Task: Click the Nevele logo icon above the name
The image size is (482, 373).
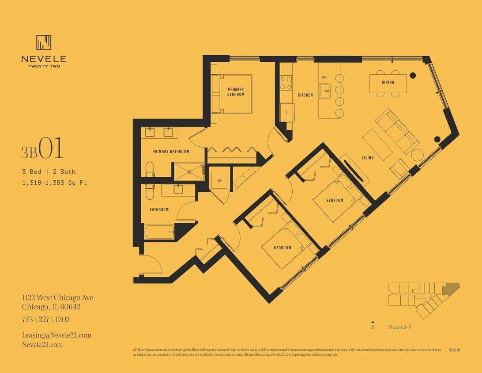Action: pyautogui.click(x=44, y=43)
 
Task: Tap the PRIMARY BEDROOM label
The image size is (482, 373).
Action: pyautogui.click(x=236, y=92)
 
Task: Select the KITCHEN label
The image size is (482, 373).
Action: pyautogui.click(x=305, y=95)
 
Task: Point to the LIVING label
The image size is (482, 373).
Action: pyautogui.click(x=368, y=158)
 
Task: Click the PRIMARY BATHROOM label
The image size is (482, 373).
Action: pyautogui.click(x=171, y=152)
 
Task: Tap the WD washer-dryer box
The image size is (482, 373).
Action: pyautogui.click(x=219, y=181)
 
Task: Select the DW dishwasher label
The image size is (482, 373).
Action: pyautogui.click(x=324, y=77)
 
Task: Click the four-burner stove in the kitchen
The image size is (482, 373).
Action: pyautogui.click(x=286, y=83)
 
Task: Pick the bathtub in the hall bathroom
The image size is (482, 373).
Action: pyautogui.click(x=159, y=232)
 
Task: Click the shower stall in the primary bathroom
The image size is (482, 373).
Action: pyautogui.click(x=189, y=172)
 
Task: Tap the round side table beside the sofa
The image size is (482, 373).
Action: pyautogui.click(x=417, y=155)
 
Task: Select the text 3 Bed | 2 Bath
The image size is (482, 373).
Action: pyautogui.click(x=49, y=171)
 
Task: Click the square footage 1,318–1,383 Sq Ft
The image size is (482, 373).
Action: pyautogui.click(x=54, y=182)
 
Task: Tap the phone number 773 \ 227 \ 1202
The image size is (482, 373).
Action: pyautogui.click(x=46, y=319)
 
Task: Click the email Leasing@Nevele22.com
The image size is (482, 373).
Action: pyautogui.click(x=56, y=335)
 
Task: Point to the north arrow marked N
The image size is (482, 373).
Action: pyautogui.click(x=373, y=325)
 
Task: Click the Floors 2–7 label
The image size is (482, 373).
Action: pyautogui.click(x=399, y=327)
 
